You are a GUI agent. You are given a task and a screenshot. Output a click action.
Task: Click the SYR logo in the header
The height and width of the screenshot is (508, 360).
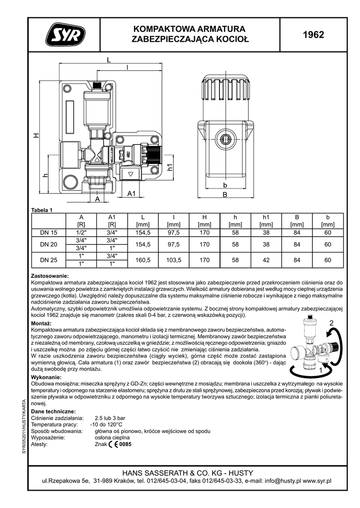(x=65, y=35)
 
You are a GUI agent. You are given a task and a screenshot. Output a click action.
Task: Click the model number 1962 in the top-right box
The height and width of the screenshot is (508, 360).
(x=313, y=35)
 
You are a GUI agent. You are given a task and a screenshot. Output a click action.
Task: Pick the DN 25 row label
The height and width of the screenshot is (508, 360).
(x=49, y=259)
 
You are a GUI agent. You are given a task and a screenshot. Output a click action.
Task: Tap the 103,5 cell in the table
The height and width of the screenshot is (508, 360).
(x=173, y=259)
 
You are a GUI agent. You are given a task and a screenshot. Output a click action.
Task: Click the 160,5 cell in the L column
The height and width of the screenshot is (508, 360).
(x=143, y=259)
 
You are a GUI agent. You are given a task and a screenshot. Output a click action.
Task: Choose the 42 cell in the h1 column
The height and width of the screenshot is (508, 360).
(x=266, y=259)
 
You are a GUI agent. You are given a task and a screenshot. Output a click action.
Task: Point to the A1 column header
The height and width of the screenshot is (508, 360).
(x=112, y=217)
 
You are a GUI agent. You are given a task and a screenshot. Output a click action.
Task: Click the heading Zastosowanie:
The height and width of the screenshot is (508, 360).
(x=50, y=276)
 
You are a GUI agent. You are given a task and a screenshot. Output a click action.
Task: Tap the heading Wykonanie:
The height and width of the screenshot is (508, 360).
(x=47, y=378)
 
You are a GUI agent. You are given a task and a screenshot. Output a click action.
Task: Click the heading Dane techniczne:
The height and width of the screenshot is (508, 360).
(x=53, y=412)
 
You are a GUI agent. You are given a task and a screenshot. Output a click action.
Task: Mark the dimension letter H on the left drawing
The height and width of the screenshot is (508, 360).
(x=36, y=136)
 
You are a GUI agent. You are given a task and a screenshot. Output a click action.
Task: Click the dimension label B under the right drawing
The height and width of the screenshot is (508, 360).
(x=224, y=195)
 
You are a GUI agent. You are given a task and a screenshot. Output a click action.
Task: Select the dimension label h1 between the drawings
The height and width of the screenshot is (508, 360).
(x=169, y=168)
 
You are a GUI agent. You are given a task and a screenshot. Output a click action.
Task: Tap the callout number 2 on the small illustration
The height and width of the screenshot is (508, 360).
(x=331, y=323)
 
